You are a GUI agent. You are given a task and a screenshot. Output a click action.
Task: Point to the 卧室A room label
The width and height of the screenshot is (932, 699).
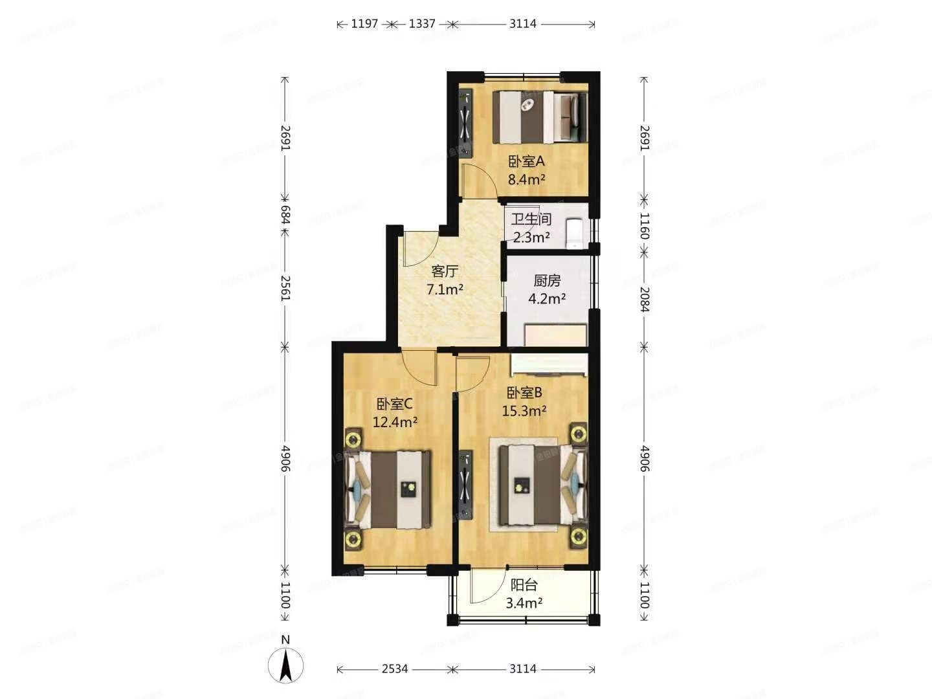click(526, 161)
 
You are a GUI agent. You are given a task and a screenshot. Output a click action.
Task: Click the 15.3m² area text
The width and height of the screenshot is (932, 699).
click(524, 410)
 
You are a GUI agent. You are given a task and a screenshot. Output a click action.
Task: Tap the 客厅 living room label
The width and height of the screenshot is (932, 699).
click(444, 271)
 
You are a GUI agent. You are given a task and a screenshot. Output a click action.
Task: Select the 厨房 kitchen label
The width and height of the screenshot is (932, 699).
click(547, 281)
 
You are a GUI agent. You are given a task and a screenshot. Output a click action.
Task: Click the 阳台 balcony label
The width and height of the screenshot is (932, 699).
click(524, 585)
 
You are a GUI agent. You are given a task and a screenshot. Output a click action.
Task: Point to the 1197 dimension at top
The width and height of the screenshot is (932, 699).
click(364, 24)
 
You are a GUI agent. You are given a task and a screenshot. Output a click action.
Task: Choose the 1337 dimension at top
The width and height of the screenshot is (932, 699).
click(422, 24)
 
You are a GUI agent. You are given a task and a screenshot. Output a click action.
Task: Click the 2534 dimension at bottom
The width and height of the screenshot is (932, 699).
click(394, 669)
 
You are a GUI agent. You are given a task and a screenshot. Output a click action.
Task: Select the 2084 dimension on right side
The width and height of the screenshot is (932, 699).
click(644, 299)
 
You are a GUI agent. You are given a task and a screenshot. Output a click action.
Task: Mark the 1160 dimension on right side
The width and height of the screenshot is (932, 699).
click(644, 225)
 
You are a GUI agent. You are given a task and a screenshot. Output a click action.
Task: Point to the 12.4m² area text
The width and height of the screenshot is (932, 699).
click(395, 423)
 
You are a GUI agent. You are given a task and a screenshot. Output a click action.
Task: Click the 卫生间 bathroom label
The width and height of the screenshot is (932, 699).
click(531, 219)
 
